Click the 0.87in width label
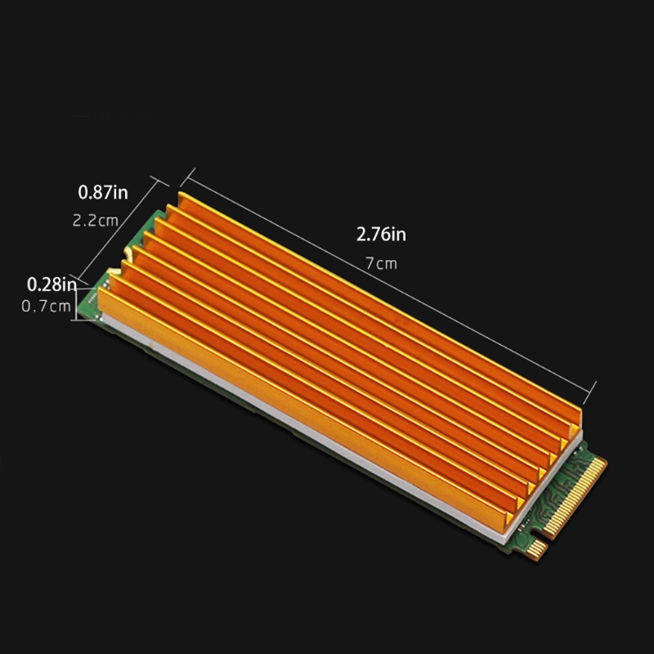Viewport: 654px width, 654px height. pyautogui.click(x=103, y=193)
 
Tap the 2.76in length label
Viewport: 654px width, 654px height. pyautogui.click(x=381, y=235)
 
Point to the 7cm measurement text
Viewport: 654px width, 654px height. pyautogui.click(x=381, y=263)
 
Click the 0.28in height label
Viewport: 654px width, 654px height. pyautogui.click(x=51, y=285)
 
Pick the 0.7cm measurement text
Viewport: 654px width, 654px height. pyautogui.click(x=45, y=307)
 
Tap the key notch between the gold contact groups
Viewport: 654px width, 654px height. pyautogui.click(x=546, y=535)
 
